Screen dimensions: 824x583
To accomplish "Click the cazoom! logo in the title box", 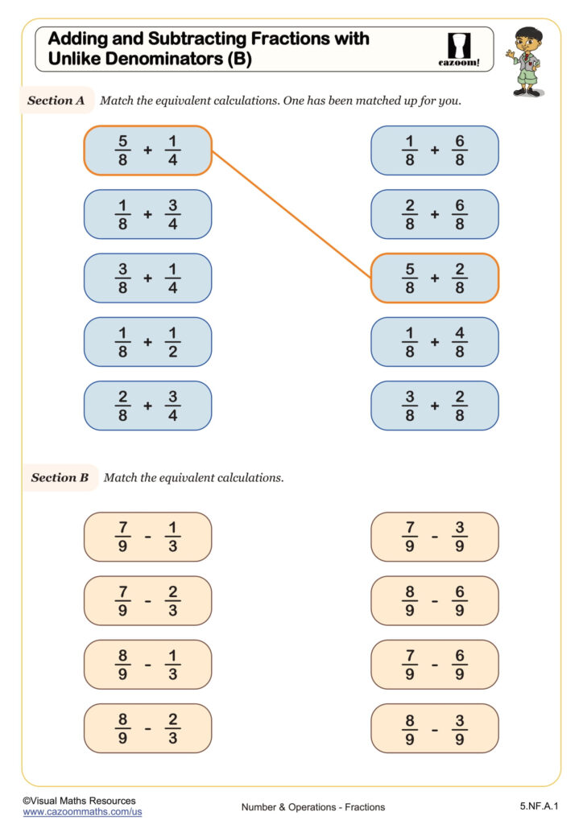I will point(462,49).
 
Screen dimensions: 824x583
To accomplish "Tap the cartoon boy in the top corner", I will point(527,61).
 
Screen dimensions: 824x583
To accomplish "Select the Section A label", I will point(56,101).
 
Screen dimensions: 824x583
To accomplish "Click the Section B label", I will point(60,477).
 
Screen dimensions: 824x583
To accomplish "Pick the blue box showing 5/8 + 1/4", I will point(147,150).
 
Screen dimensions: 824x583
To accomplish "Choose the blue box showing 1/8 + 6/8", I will point(434,150).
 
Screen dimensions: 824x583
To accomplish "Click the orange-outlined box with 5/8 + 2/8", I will point(434,278).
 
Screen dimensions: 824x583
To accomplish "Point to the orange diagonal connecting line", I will point(291,214).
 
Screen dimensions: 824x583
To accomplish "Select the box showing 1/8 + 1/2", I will point(147,342).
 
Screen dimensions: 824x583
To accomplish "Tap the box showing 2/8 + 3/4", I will point(147,406).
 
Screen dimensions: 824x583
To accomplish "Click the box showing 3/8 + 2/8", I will point(434,406).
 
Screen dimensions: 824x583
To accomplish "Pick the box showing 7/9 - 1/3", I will point(147,537).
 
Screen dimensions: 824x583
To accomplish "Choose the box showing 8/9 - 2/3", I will point(147,728).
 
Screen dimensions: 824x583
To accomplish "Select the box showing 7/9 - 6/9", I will point(434,665).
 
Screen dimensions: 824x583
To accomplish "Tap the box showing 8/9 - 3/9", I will point(434,728).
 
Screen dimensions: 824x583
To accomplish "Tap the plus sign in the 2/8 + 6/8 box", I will point(434,215).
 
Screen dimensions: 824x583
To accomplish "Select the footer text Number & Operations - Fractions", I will point(312,807).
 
